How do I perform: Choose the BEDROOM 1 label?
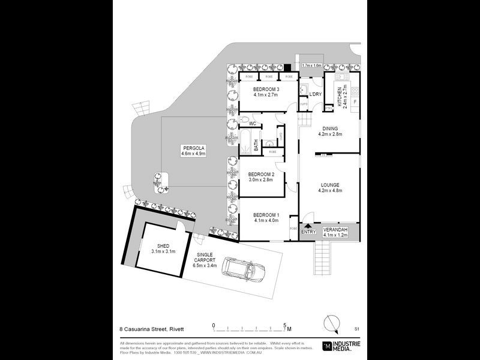pyautogui.click(x=265, y=215)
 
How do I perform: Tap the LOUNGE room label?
pyautogui.click(x=329, y=185)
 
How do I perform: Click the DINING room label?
pyautogui.click(x=329, y=128)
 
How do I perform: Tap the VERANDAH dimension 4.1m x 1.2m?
pyautogui.click(x=335, y=235)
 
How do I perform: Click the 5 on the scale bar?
pyautogui.click(x=284, y=325)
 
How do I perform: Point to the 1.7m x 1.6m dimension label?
pyautogui.click(x=311, y=65)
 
